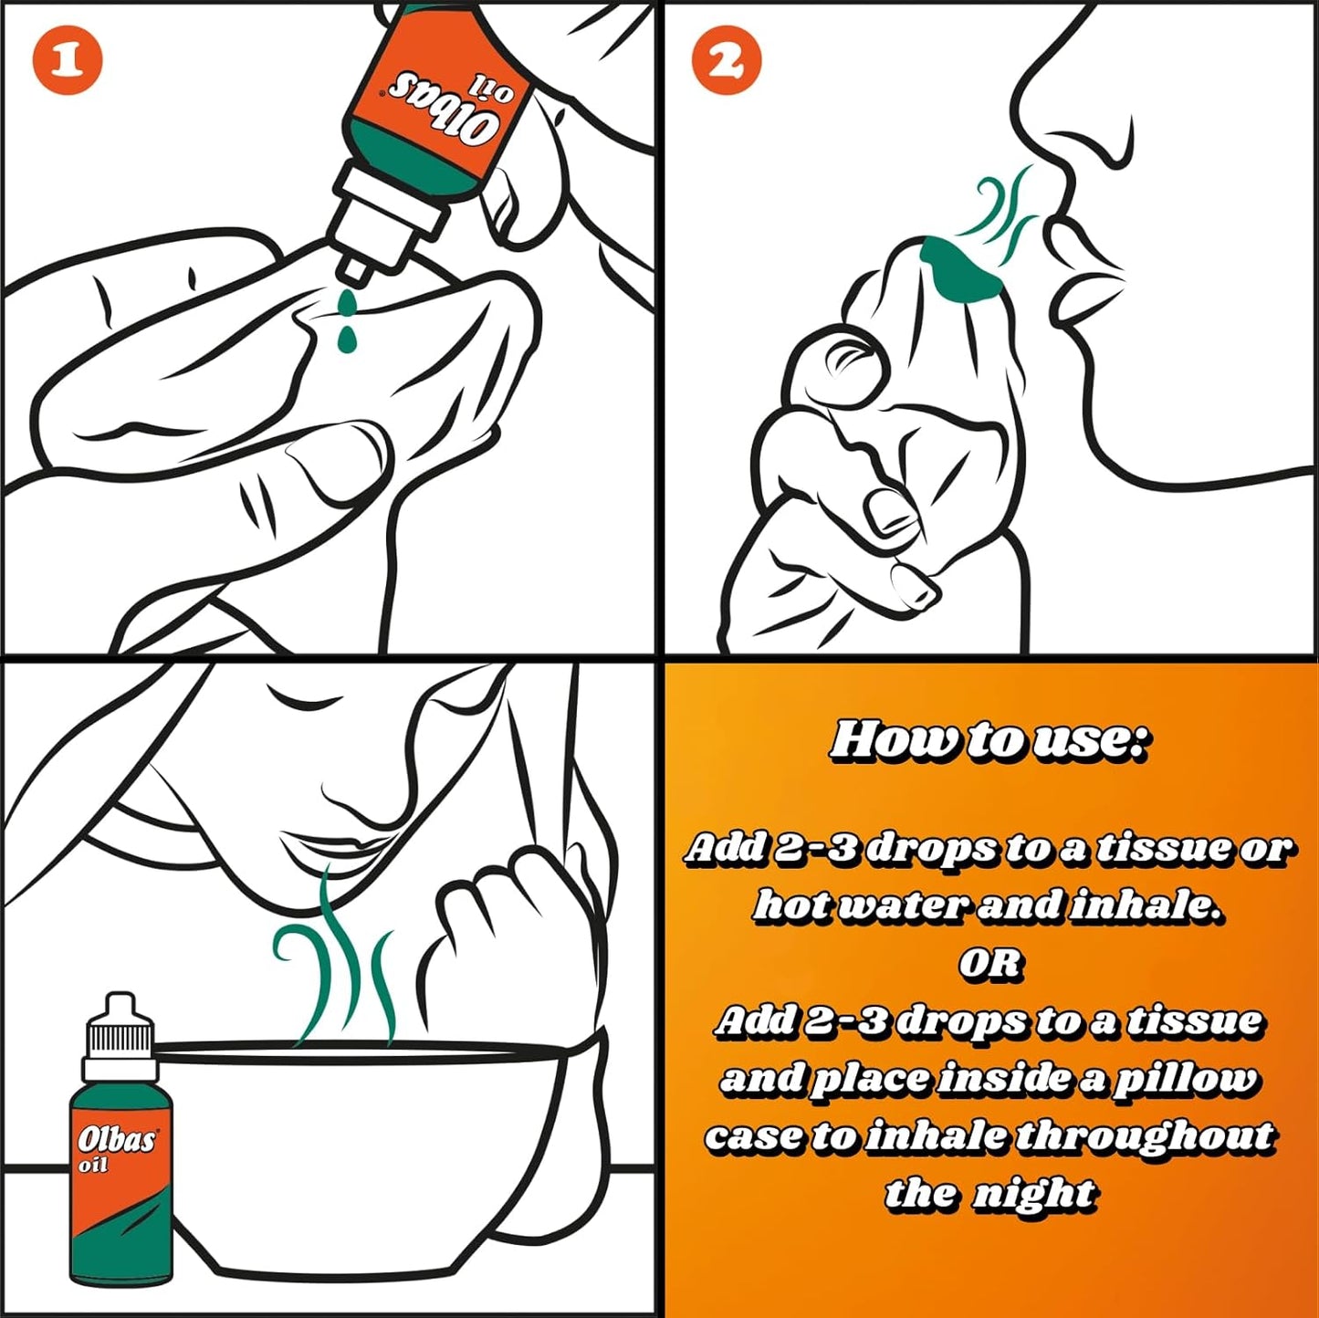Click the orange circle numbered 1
click(68, 61)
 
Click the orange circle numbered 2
click(727, 61)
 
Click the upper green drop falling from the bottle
click(347, 302)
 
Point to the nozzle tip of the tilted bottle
click(357, 272)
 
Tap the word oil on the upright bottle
click(94, 1166)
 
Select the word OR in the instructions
click(990, 964)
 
